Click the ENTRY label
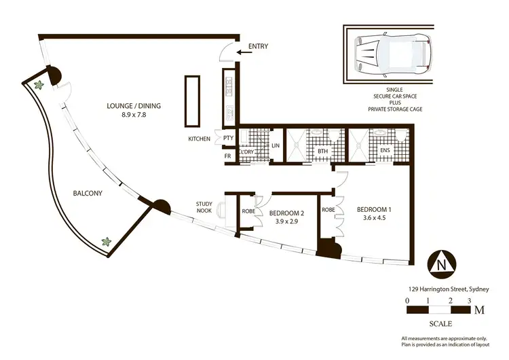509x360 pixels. click(258, 46)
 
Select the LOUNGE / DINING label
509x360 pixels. click(137, 105)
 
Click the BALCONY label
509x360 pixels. click(88, 194)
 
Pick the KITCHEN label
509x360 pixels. click(199, 139)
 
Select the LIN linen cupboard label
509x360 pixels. click(276, 146)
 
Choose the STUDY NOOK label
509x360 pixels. click(204, 208)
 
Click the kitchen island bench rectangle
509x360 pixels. click(191, 101)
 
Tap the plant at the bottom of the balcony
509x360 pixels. click(105, 241)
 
